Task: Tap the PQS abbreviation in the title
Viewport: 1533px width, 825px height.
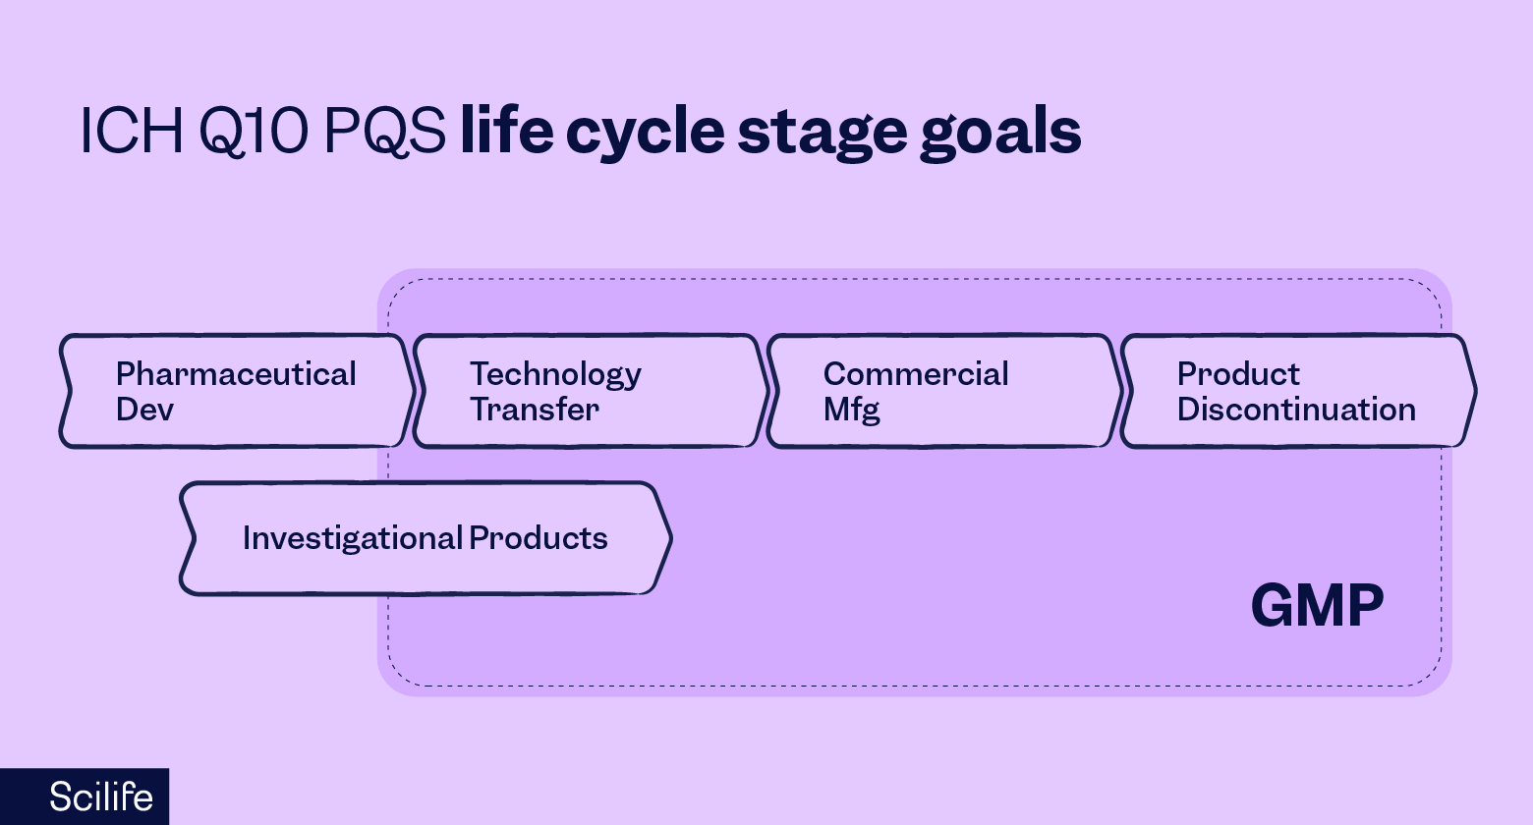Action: (384, 131)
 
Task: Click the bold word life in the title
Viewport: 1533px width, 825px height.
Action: (506, 131)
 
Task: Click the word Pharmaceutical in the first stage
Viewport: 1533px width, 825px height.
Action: (236, 374)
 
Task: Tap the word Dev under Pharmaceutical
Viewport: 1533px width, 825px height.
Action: (144, 410)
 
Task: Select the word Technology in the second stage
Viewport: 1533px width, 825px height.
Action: (555, 374)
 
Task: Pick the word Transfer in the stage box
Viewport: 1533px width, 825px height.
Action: (534, 410)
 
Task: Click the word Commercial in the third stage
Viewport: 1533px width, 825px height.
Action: (916, 374)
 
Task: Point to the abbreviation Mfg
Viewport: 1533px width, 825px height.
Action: (851, 410)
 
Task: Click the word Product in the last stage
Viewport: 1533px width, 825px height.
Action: (1238, 374)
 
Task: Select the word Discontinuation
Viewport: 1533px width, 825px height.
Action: (1296, 410)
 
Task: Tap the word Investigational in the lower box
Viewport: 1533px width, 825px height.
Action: (352, 538)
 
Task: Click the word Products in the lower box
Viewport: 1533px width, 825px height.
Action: (539, 538)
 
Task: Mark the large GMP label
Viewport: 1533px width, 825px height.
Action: (1317, 606)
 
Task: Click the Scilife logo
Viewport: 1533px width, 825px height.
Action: (100, 797)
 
